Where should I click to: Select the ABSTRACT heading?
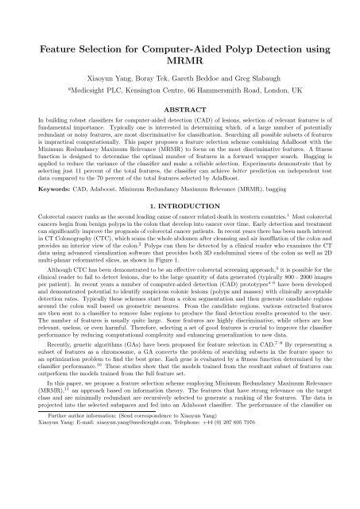[x=180, y=113]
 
